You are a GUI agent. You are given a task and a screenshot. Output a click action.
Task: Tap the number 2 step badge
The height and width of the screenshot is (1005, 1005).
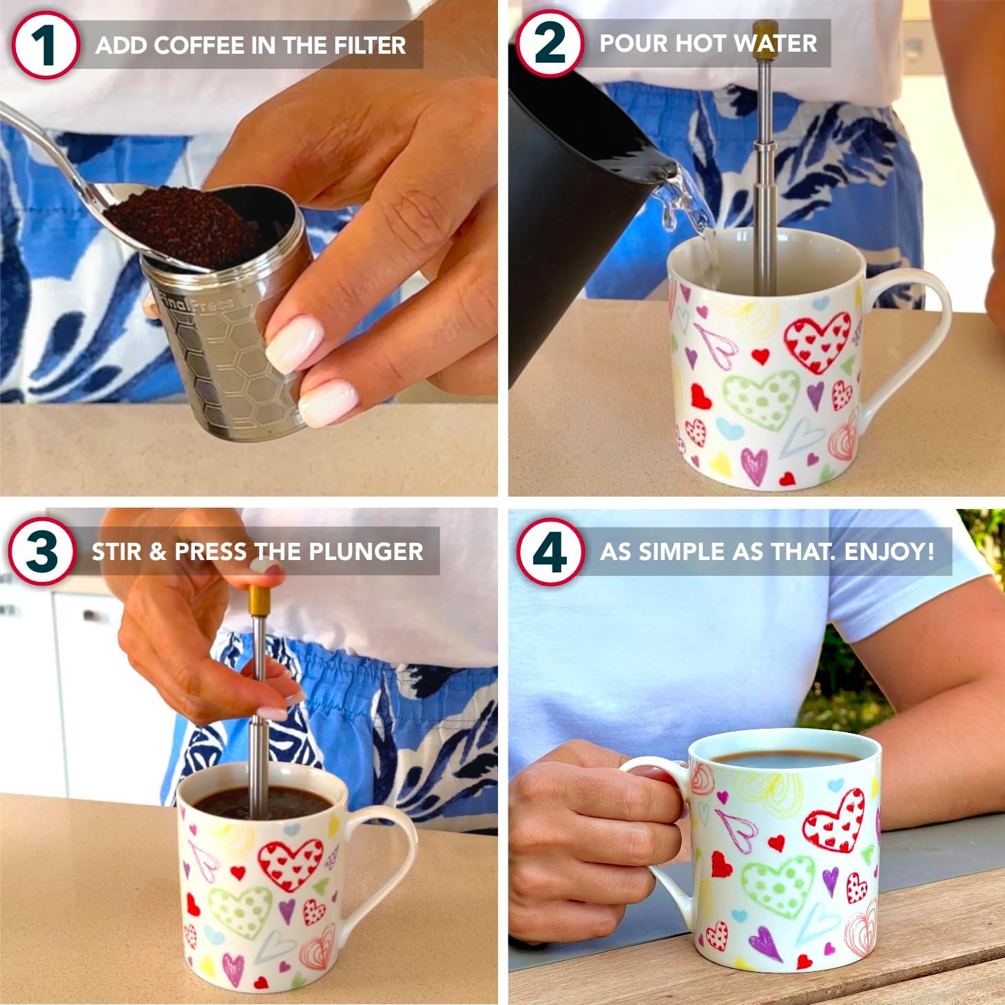549,43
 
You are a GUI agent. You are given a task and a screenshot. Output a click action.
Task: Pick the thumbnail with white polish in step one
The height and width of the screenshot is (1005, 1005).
295,340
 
